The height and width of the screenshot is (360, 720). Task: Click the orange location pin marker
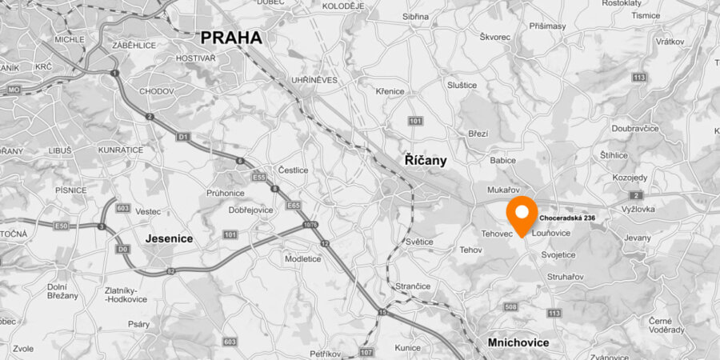[x=523, y=215]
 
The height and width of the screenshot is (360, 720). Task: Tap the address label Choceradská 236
[x=567, y=218]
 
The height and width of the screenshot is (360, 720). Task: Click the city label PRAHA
[x=230, y=38]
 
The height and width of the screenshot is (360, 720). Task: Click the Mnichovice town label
[x=518, y=342]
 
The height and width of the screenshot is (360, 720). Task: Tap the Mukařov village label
[x=504, y=190]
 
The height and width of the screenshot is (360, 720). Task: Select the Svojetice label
[x=558, y=254]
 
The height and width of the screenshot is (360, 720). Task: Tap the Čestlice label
[x=293, y=170]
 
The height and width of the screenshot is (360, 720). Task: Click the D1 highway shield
[x=183, y=138]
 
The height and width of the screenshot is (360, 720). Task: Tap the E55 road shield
[x=258, y=176]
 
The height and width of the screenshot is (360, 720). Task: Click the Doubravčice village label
[x=634, y=127]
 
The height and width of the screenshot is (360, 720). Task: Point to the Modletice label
[x=302, y=258]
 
